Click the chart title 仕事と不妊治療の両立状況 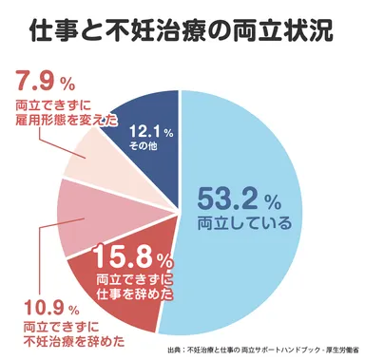pyautogui.click(x=182, y=31)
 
